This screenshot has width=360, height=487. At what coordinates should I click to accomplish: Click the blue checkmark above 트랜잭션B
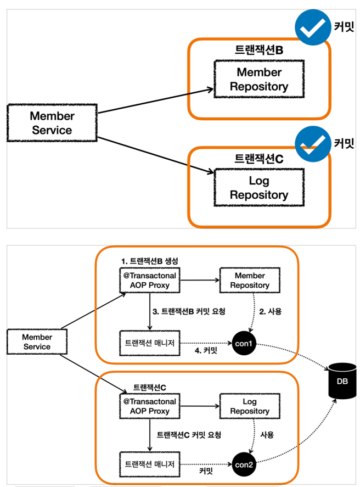tap(313, 27)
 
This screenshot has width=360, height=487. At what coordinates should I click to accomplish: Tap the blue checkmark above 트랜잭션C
tap(313, 144)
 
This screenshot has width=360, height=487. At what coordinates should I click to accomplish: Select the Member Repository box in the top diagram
tap(259, 79)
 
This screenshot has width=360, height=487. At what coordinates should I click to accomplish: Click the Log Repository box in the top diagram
tap(259, 188)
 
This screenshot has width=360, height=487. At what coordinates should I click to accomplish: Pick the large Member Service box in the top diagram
tap(52, 123)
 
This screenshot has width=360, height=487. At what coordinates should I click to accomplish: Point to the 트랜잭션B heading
tap(259, 50)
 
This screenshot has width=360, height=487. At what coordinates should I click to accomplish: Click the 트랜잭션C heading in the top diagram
tap(259, 159)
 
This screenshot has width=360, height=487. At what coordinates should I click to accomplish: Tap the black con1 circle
tap(244, 343)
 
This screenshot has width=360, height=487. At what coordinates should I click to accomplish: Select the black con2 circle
tap(244, 464)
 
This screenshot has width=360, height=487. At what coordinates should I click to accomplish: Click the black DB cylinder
tap(342, 381)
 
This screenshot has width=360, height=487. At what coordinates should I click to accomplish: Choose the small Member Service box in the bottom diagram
tap(37, 342)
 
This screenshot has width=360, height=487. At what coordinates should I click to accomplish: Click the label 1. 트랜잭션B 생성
tap(150, 261)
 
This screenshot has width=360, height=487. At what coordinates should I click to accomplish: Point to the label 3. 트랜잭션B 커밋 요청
tap(189, 311)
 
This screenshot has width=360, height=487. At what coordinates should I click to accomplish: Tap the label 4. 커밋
tap(206, 351)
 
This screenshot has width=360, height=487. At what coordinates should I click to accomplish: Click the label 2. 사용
tap(271, 311)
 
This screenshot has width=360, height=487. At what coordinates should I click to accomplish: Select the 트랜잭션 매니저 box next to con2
tap(150, 464)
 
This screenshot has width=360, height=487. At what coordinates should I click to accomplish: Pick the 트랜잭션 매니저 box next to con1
tap(150, 343)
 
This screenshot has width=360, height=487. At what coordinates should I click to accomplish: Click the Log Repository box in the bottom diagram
tap(250, 406)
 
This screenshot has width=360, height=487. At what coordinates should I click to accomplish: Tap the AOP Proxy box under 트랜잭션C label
tap(150, 406)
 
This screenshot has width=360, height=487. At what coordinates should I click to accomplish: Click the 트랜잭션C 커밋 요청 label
tap(189, 435)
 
